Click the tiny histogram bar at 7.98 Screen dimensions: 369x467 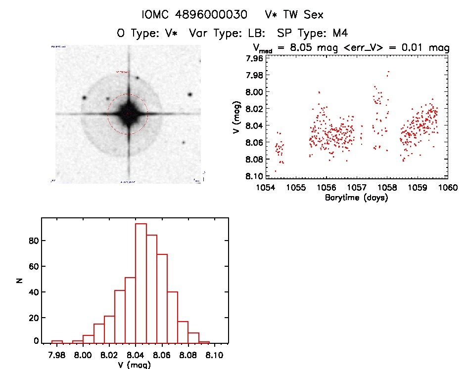click(57, 341)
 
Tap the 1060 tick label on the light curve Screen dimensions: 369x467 click(448, 188)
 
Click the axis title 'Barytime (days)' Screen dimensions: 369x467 click(356, 198)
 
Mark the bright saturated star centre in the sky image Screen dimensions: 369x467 click(128, 114)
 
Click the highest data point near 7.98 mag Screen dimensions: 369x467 click(389, 72)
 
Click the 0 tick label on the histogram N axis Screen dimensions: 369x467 click(36, 341)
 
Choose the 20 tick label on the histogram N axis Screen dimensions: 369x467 click(32, 316)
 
